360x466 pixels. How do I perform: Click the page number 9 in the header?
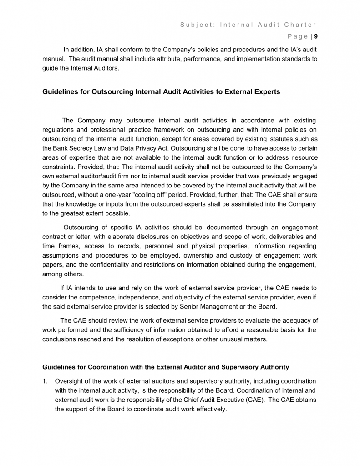(316, 37)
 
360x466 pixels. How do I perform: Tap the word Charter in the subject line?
(299, 25)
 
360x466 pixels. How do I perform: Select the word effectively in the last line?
(207, 409)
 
